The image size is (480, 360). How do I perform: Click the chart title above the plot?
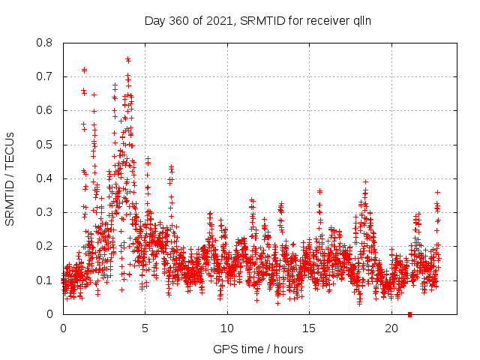pyautogui.click(x=258, y=21)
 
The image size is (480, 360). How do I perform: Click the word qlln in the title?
pyautogui.click(x=360, y=21)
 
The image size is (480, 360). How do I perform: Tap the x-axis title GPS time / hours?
pyautogui.click(x=258, y=349)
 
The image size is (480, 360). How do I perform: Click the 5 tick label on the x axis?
pyautogui.click(x=145, y=328)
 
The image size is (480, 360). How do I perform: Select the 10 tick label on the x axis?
pyautogui.click(x=227, y=328)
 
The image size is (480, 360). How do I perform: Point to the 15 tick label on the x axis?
pyautogui.click(x=309, y=328)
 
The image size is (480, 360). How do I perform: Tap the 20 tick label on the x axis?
pyautogui.click(x=391, y=328)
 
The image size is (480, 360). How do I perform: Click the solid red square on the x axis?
pyautogui.click(x=409, y=313)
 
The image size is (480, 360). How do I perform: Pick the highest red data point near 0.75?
pyautogui.click(x=128, y=59)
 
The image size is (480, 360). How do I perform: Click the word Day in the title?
pyautogui.click(x=154, y=21)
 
